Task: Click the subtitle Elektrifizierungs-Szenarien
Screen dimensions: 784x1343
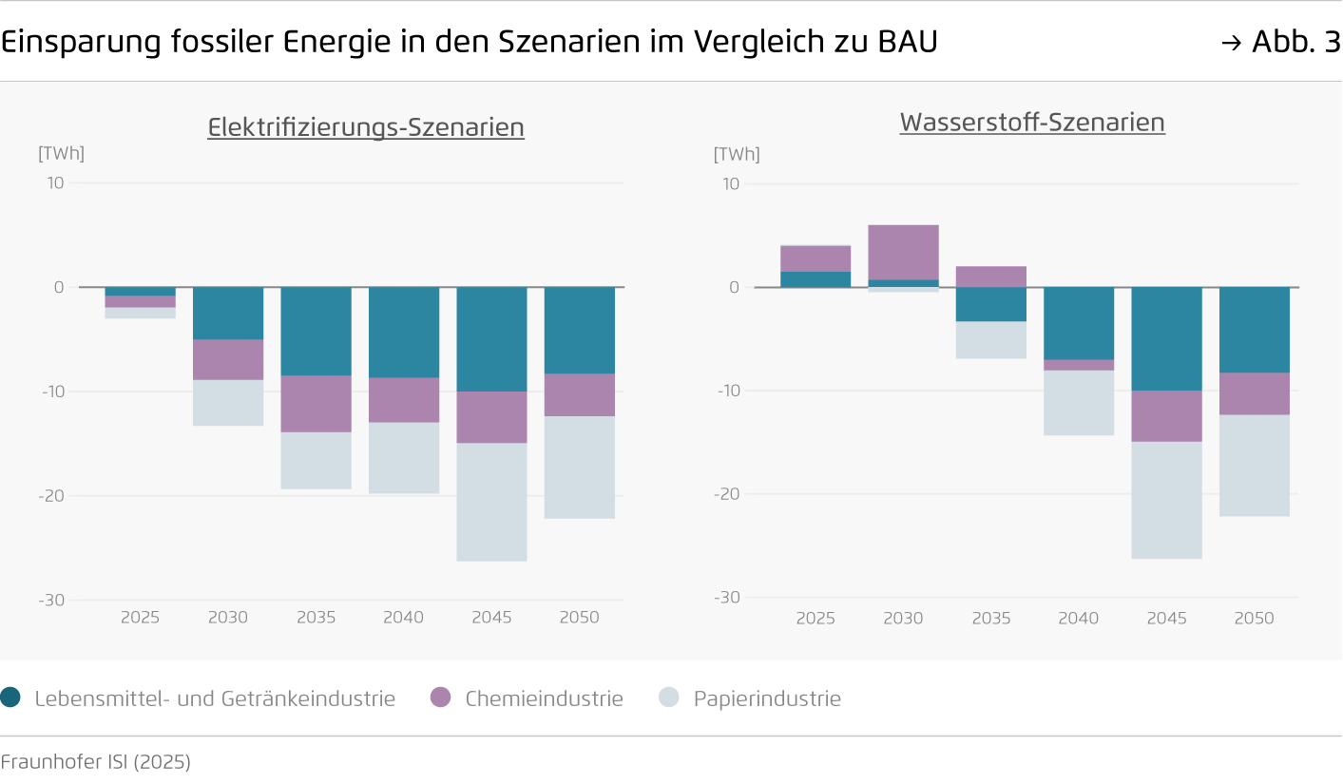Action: click(366, 127)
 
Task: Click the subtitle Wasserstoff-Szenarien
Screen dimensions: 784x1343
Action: click(1032, 123)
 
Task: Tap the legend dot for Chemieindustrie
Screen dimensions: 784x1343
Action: click(440, 698)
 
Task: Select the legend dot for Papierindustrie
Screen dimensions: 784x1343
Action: click(669, 698)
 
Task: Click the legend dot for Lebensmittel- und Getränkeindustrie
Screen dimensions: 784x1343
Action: click(10, 698)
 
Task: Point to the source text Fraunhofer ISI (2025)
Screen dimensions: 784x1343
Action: click(96, 762)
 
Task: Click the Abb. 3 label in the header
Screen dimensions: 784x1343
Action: click(1294, 43)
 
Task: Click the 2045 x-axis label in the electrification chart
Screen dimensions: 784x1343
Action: click(491, 618)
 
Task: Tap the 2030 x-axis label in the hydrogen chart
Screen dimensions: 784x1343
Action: click(903, 619)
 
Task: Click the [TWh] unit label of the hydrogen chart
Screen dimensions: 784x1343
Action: click(737, 154)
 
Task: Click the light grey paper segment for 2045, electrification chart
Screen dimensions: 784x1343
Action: click(491, 502)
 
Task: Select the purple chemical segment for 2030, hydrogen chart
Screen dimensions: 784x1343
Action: click(903, 252)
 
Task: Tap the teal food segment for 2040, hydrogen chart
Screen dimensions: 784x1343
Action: click(1079, 323)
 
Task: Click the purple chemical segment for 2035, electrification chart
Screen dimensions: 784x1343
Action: click(316, 404)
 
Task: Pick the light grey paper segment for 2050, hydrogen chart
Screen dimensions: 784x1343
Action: click(1255, 466)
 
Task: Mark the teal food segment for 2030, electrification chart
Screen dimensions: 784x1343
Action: click(228, 313)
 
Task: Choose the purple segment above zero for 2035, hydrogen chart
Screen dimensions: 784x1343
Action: click(991, 277)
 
